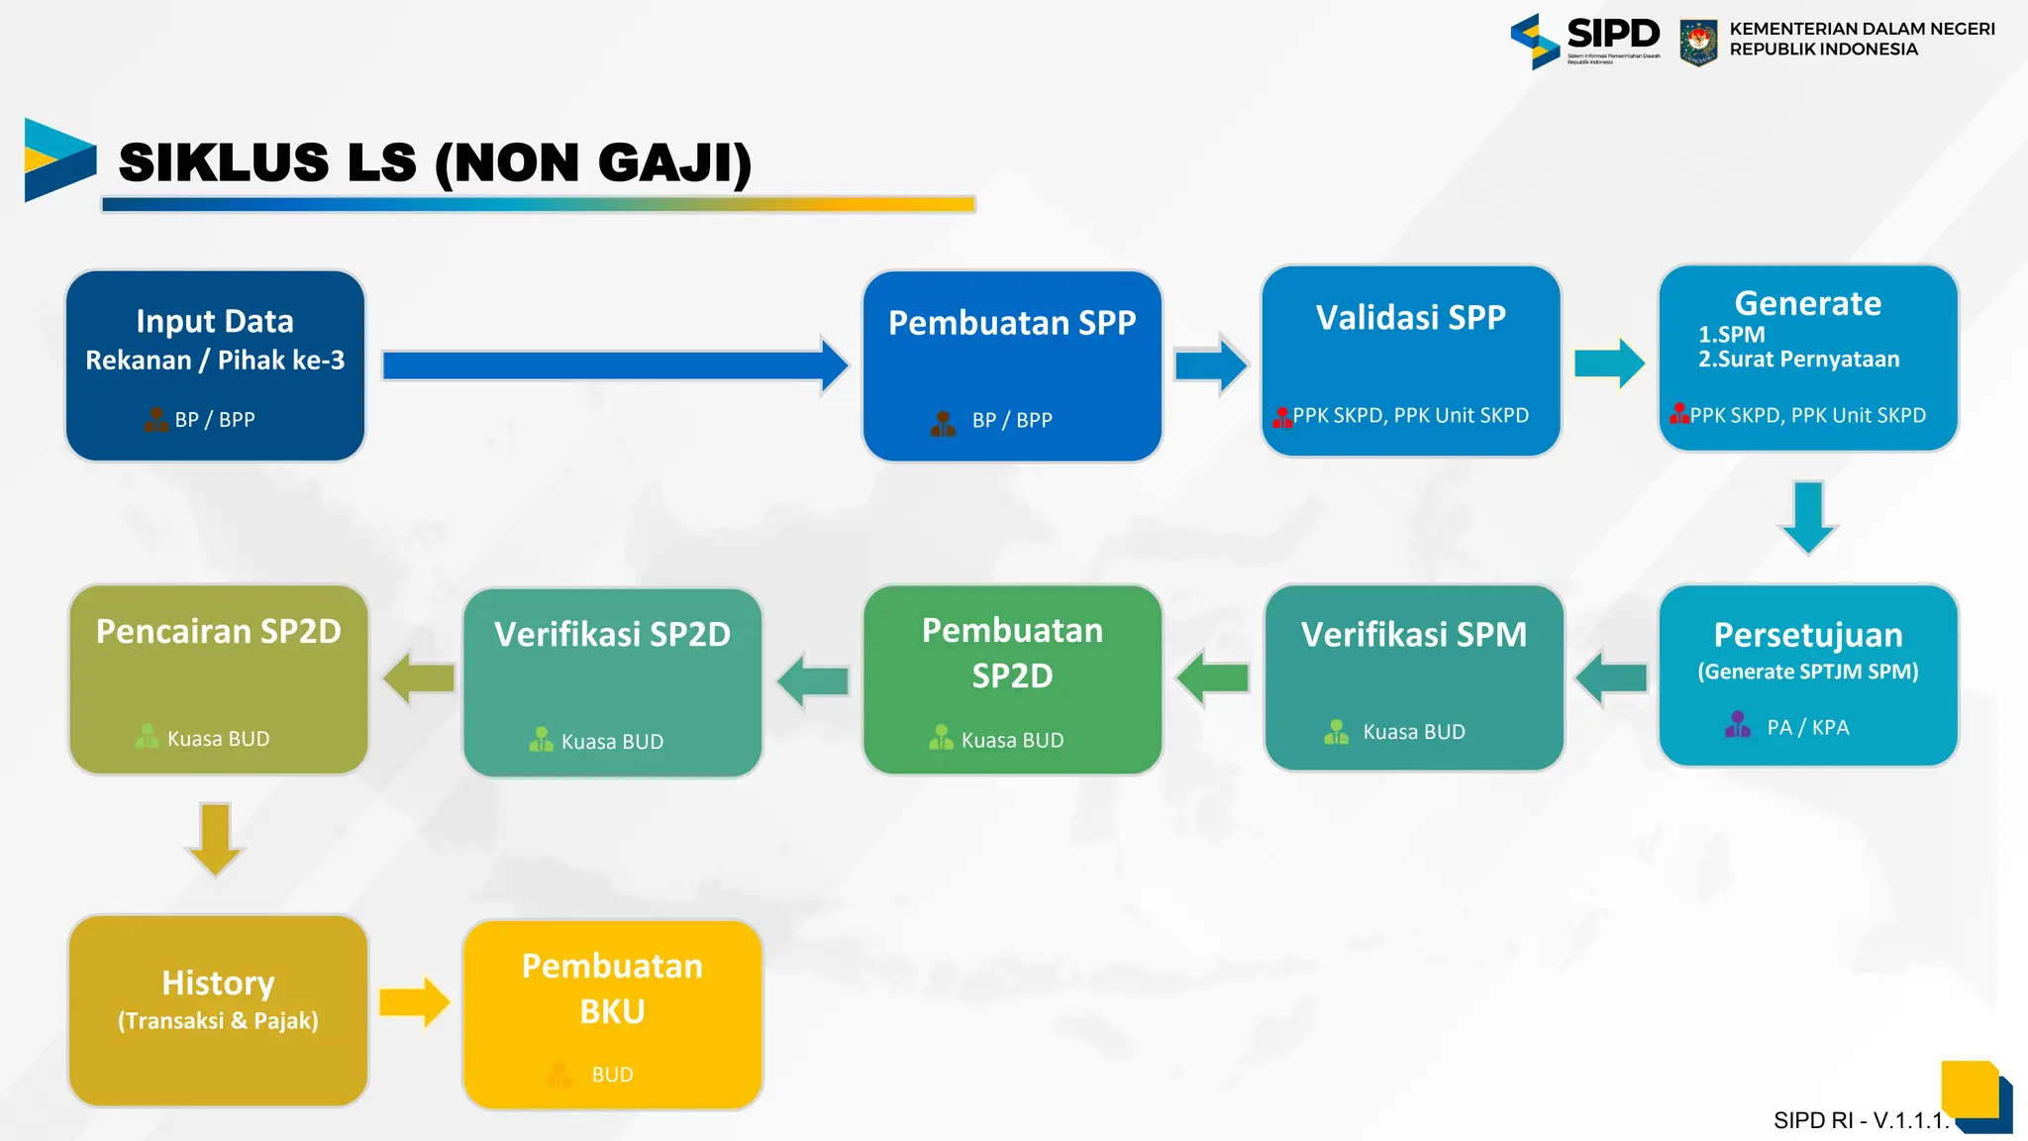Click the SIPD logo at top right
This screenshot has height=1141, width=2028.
[x=1584, y=40]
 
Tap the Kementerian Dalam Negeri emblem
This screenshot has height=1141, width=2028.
[x=1698, y=42]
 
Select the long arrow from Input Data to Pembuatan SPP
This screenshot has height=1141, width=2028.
[x=614, y=365]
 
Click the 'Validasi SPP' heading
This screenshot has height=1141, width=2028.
[x=1410, y=318]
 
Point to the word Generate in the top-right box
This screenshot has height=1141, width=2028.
[x=1807, y=303]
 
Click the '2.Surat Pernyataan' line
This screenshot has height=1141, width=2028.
[x=1798, y=360]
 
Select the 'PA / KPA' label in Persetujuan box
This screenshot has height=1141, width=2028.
[x=1808, y=728]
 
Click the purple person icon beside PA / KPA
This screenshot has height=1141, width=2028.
[x=1738, y=725]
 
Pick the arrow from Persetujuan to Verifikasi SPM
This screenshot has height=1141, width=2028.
[x=1611, y=678]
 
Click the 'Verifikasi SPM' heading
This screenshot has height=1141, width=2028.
[x=1413, y=635]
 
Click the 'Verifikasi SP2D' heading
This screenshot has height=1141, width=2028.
[x=612, y=635]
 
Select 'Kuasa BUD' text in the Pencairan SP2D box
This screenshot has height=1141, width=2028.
[x=218, y=739]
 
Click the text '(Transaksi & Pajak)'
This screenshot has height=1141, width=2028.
[x=218, y=1021]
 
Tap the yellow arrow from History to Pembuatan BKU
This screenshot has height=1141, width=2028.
[x=414, y=1002]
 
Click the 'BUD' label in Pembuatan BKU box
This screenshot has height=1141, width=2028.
[x=612, y=1075]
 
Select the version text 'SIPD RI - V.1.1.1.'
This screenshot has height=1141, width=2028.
[x=1860, y=1120]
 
